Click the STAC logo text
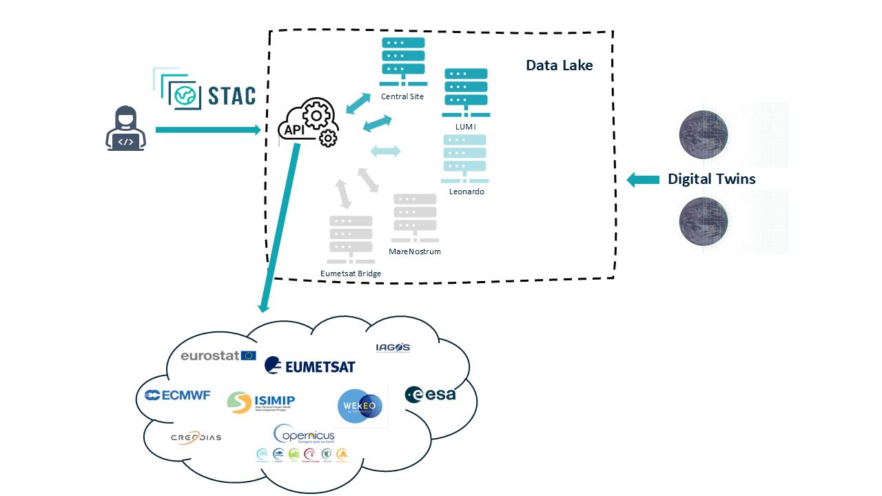[222, 95]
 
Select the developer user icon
[125, 129]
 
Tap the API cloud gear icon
[308, 123]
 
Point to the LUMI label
[466, 127]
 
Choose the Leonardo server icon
[466, 159]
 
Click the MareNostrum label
[415, 251]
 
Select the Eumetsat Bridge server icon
[351, 239]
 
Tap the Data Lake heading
[559, 65]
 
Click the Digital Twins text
[711, 179]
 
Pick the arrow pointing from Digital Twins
[642, 180]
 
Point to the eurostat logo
[218, 355]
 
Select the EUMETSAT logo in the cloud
[310, 366]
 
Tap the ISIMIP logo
[261, 402]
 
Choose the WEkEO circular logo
[360, 406]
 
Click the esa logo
[431, 394]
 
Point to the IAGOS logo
[393, 347]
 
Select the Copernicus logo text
[304, 435]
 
